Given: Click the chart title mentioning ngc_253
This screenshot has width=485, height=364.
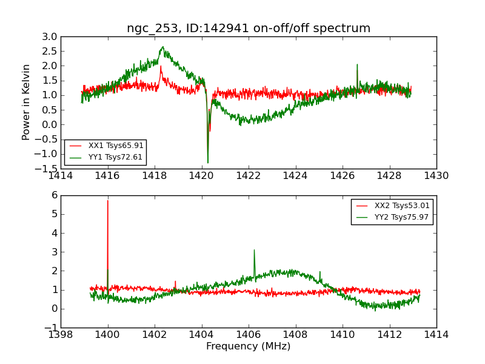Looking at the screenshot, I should click(x=249, y=29).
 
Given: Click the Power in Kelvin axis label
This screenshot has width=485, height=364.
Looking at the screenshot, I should click(x=27, y=102).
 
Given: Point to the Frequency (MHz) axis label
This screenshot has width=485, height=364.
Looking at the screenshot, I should click(x=249, y=346).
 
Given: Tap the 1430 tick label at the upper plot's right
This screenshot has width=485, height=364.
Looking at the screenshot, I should click(x=436, y=176).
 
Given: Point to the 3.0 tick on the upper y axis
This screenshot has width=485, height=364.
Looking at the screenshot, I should click(x=50, y=37).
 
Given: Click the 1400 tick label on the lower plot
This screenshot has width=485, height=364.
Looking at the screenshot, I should click(x=107, y=334).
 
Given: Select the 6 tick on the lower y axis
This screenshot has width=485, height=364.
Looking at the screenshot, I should click(x=55, y=195).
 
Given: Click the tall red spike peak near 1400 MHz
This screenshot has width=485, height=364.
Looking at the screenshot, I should click(x=108, y=200).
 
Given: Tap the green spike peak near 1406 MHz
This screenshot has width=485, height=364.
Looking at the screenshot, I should click(x=254, y=249).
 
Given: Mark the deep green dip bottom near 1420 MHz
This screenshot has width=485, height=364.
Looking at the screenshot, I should click(x=208, y=163).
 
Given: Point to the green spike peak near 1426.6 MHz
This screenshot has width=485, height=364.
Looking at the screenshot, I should click(x=357, y=64).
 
